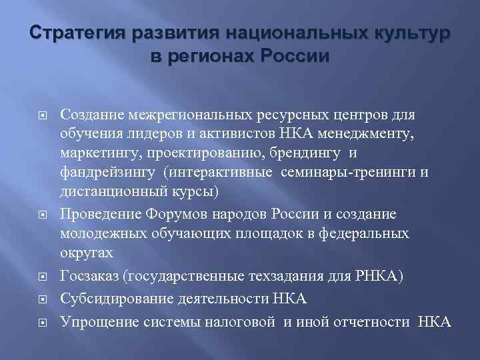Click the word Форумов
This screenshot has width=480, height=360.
[190, 215]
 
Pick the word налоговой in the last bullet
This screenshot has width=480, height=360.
[241, 323]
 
